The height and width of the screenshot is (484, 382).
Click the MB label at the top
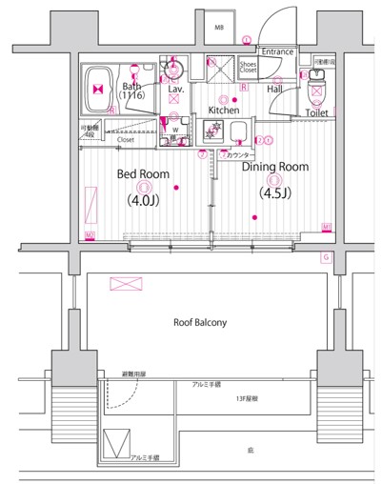click(218, 29)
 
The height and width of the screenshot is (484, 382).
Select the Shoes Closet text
click(248, 68)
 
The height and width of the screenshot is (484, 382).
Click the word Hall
click(274, 89)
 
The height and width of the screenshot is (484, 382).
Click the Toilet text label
click(317, 112)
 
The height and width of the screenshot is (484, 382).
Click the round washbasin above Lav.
click(172, 69)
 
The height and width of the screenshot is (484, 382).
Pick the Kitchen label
click(224, 111)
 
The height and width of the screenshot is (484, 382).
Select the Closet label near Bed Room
click(125, 139)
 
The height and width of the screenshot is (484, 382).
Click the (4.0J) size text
click(143, 202)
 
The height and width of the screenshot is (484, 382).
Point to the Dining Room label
click(274, 167)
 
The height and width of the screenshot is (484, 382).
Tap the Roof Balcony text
click(200, 323)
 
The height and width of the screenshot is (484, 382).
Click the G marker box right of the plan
click(325, 257)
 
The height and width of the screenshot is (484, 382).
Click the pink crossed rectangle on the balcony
click(126, 284)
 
